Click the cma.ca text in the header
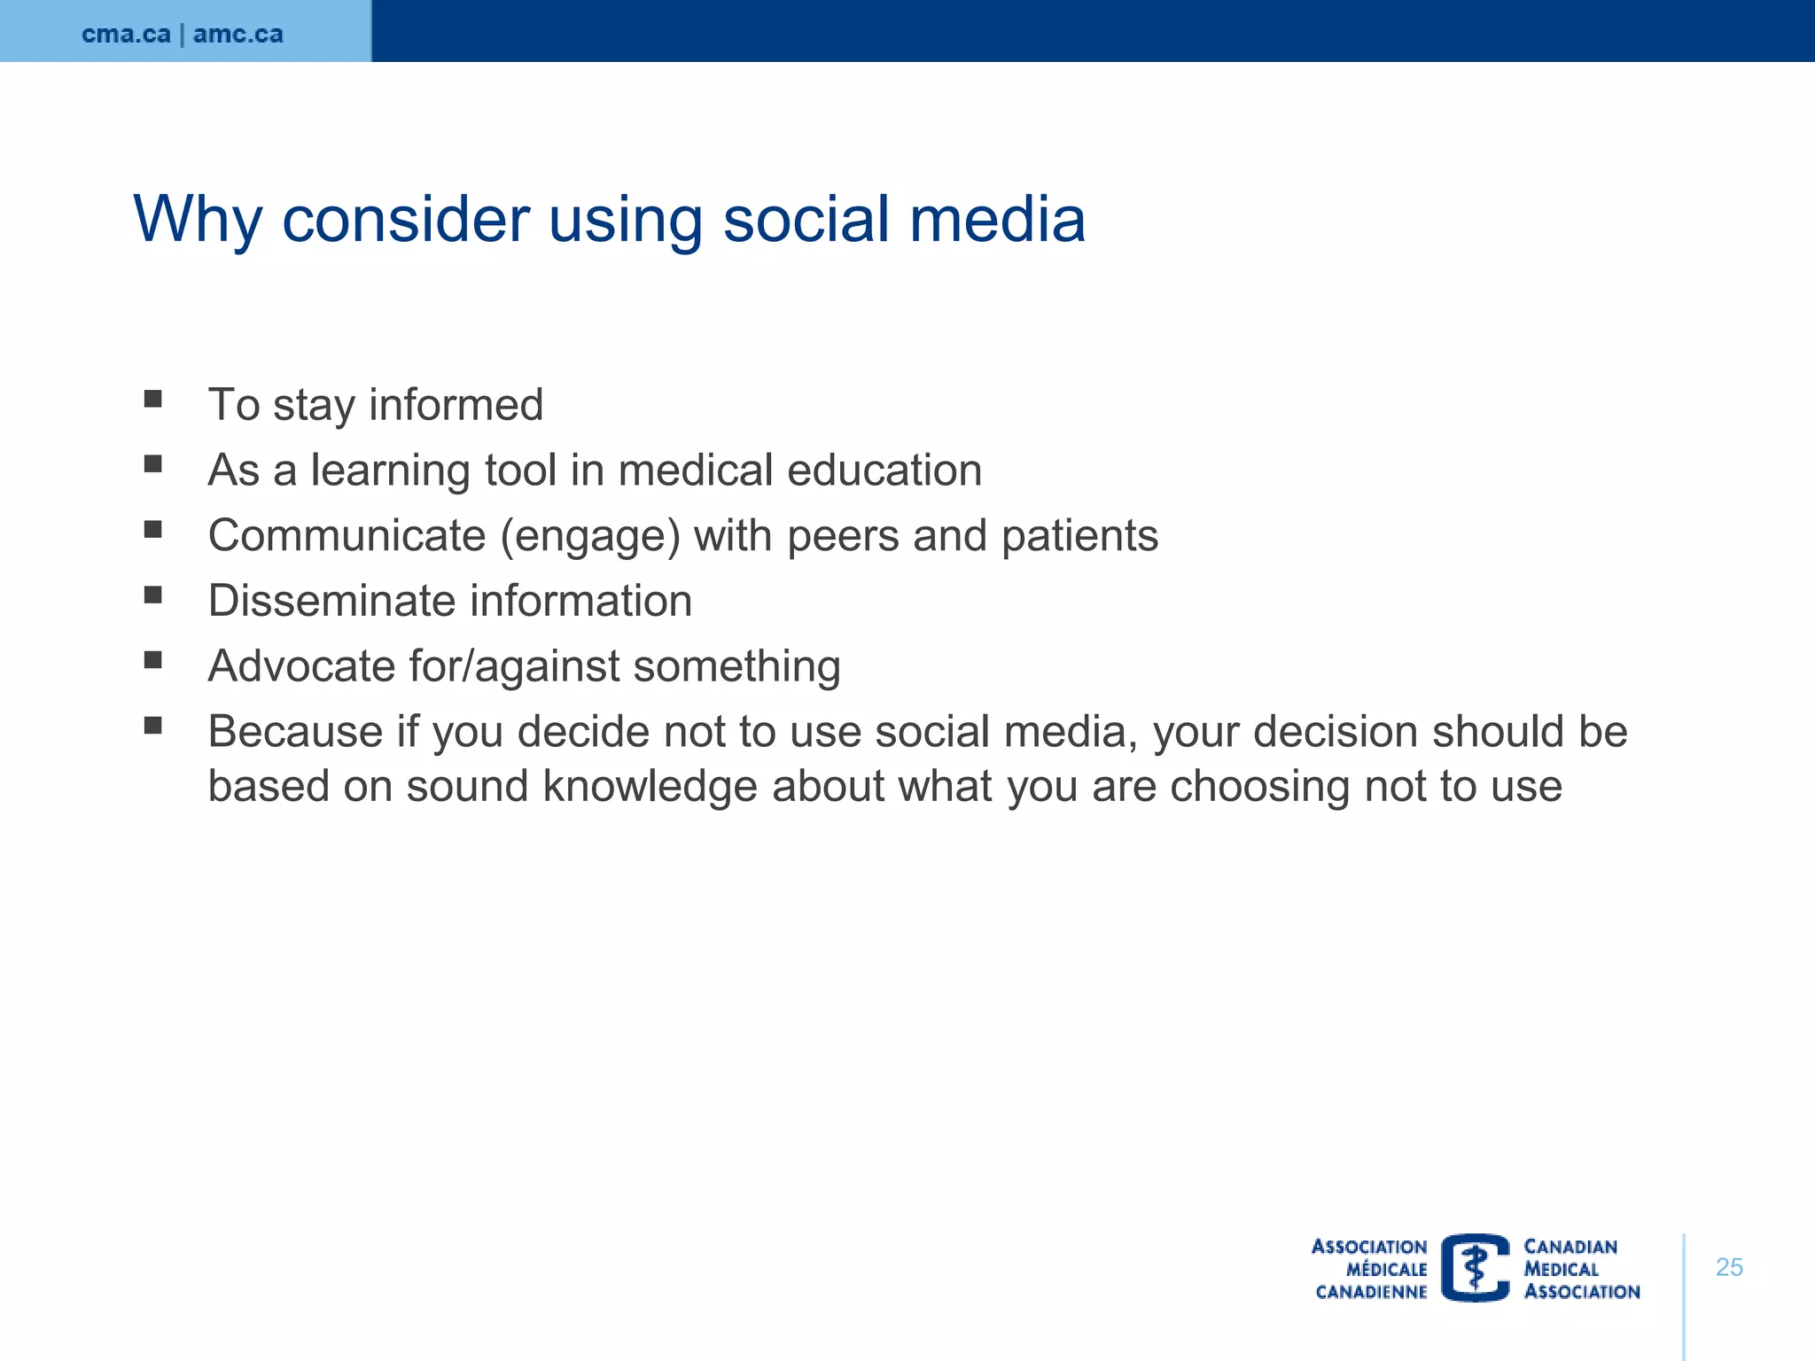(126, 35)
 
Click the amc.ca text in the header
(238, 35)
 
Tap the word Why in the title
(198, 219)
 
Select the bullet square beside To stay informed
(153, 399)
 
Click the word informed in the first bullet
(456, 405)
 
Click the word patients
(1079, 536)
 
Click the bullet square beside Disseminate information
(153, 595)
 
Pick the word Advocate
(301, 666)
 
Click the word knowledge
(650, 787)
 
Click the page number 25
(1728, 1267)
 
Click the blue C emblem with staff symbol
(1475, 1267)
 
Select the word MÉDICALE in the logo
(1386, 1269)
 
